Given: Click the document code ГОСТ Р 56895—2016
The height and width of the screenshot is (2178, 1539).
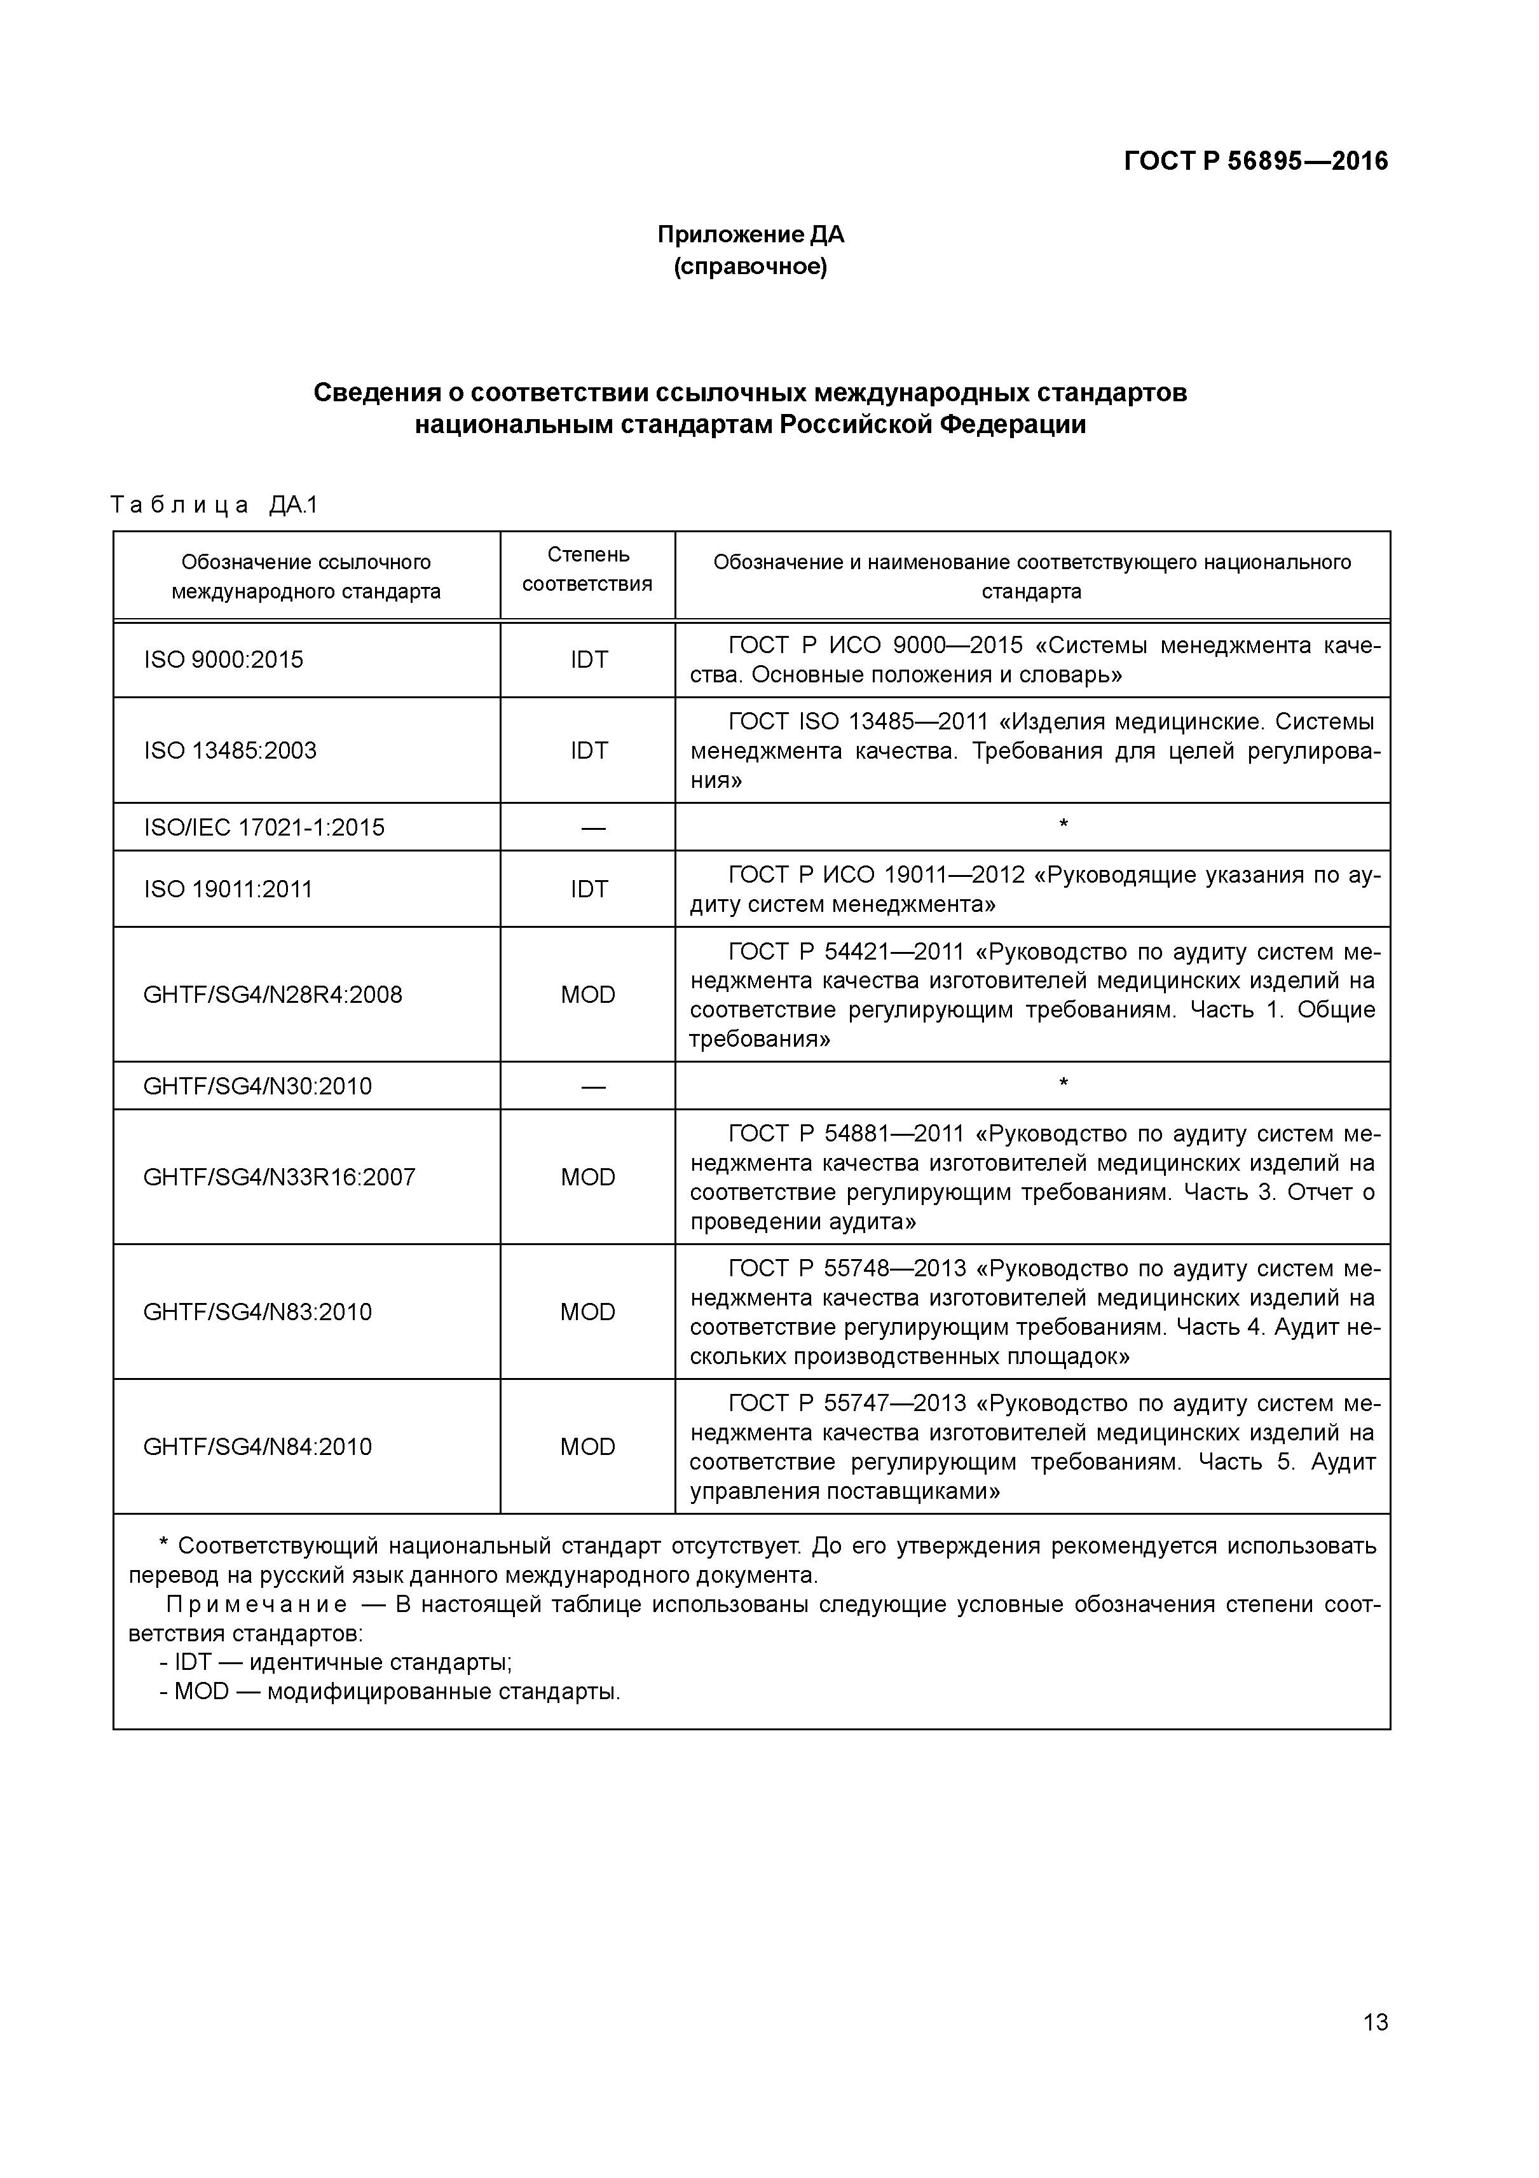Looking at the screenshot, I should coord(1254,162).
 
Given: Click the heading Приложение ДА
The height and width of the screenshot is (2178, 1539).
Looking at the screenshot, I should coord(750,234).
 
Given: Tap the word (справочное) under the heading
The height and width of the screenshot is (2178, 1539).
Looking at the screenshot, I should coord(750,268).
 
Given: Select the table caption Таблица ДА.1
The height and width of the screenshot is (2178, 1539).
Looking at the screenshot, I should coord(214,505).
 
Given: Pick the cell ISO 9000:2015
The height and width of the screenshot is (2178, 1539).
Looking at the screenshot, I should coord(224,659).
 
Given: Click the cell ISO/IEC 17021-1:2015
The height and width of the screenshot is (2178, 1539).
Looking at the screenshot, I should coord(264,827).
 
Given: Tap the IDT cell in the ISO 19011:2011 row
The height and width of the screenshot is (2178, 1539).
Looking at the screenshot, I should coord(588,889).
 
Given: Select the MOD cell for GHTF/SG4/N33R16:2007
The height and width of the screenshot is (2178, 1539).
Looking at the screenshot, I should coord(588,1177).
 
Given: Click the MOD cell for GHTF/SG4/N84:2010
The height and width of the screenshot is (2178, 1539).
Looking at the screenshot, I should coord(588,1447).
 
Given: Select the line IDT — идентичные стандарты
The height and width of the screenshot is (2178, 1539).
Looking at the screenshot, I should coord(337,1662).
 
